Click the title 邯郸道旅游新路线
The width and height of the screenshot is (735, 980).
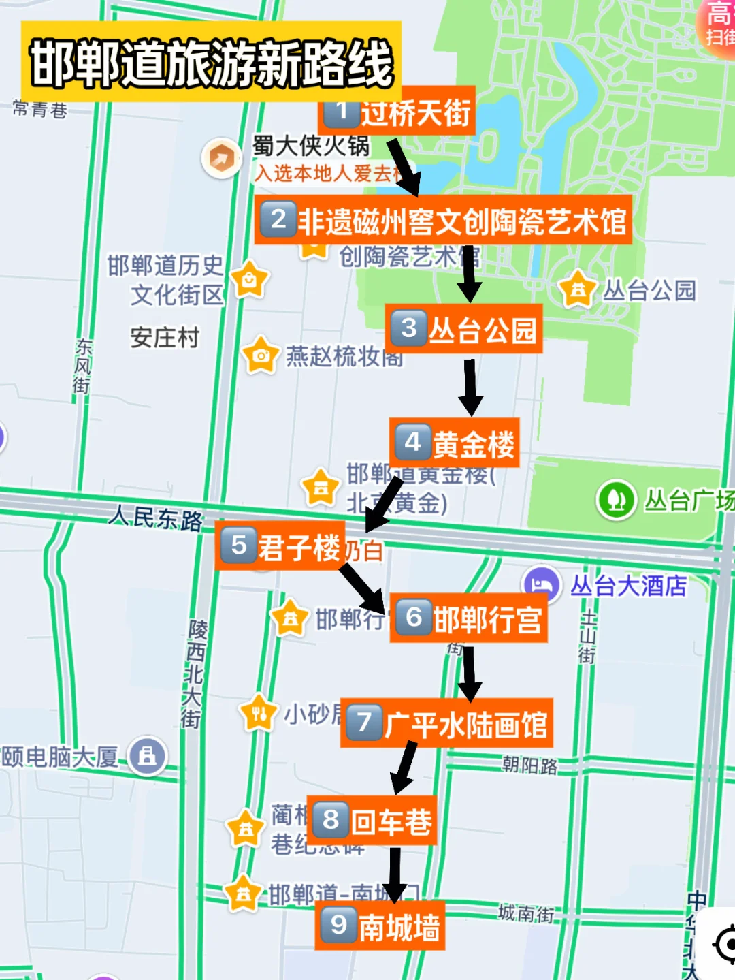tap(211, 63)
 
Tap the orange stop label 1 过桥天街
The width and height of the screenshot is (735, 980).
tap(397, 111)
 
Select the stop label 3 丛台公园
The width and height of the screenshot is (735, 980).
tap(464, 329)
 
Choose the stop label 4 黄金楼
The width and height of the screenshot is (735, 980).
tap(455, 443)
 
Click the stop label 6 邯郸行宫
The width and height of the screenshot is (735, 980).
tap(469, 618)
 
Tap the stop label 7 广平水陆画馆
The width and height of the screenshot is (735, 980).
tap(446, 723)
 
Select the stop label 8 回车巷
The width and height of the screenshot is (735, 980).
tap(372, 821)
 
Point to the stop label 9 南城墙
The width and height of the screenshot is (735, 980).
tap(380, 926)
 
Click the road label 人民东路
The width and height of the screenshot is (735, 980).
tap(157, 518)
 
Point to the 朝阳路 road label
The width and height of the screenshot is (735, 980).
tap(529, 765)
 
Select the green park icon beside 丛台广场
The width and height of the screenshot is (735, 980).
tap(617, 500)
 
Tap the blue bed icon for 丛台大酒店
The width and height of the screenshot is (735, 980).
tap(542, 585)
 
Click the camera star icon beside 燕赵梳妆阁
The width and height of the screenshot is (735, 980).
tap(261, 355)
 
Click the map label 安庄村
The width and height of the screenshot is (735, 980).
tap(165, 337)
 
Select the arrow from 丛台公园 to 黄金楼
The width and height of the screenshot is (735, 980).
tap(470, 386)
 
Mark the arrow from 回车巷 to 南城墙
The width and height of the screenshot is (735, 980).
tap(394, 874)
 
